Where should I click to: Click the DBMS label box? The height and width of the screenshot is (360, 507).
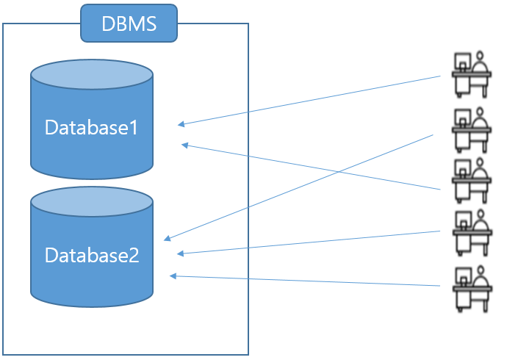129,23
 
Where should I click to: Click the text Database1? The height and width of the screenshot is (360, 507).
92,128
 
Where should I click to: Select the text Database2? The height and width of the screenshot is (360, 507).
92,256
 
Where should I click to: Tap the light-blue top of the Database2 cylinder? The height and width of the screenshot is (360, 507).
92,203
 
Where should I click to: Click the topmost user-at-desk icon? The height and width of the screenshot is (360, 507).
470,73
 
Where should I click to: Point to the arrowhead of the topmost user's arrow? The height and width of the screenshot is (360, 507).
179,124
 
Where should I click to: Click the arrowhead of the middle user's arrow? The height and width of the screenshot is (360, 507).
184,145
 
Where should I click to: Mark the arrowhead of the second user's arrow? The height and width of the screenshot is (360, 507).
166,239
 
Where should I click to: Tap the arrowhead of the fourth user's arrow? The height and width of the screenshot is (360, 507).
179,254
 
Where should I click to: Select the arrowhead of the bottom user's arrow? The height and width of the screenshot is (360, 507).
172,276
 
